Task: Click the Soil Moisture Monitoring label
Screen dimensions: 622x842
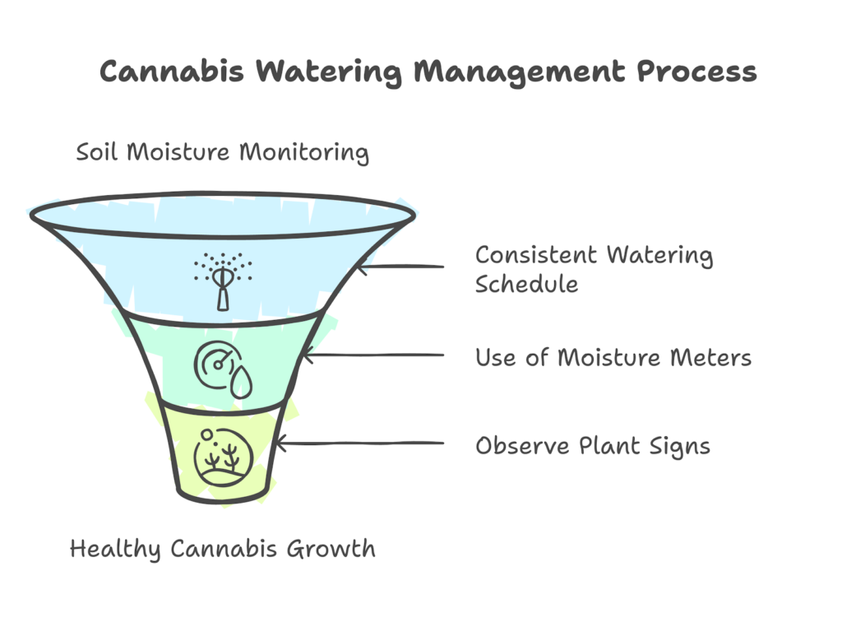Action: tap(222, 153)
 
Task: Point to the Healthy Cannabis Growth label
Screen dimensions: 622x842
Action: tap(222, 548)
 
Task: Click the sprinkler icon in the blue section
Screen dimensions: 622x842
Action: tap(223, 279)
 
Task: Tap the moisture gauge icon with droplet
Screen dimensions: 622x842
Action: tap(221, 369)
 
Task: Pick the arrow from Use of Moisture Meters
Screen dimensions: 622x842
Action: tap(373, 355)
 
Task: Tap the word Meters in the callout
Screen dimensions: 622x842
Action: tap(712, 358)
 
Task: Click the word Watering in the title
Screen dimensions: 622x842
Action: tap(327, 72)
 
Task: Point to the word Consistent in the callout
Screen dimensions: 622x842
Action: tap(537, 255)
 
